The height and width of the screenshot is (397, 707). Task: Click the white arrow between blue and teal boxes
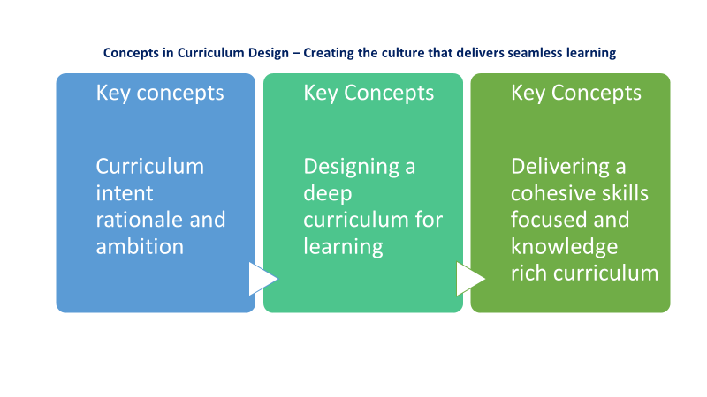tap(262, 279)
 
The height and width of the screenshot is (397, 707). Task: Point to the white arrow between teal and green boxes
tap(470, 279)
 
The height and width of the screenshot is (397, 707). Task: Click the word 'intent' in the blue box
tap(125, 192)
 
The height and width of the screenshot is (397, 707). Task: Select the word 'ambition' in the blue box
tap(140, 246)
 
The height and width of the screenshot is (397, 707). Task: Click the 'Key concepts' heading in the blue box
tap(160, 93)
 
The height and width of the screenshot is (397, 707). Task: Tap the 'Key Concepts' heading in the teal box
tap(369, 93)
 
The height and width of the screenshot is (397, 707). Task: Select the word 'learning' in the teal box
tap(343, 247)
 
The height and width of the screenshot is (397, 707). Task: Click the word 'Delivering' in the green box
tap(560, 167)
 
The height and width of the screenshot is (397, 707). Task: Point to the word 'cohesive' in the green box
tap(552, 193)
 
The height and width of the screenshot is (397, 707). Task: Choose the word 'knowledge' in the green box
tap(564, 246)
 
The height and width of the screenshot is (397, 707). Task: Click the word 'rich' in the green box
tap(528, 273)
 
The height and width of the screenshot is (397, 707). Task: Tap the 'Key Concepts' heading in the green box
tap(576, 93)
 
